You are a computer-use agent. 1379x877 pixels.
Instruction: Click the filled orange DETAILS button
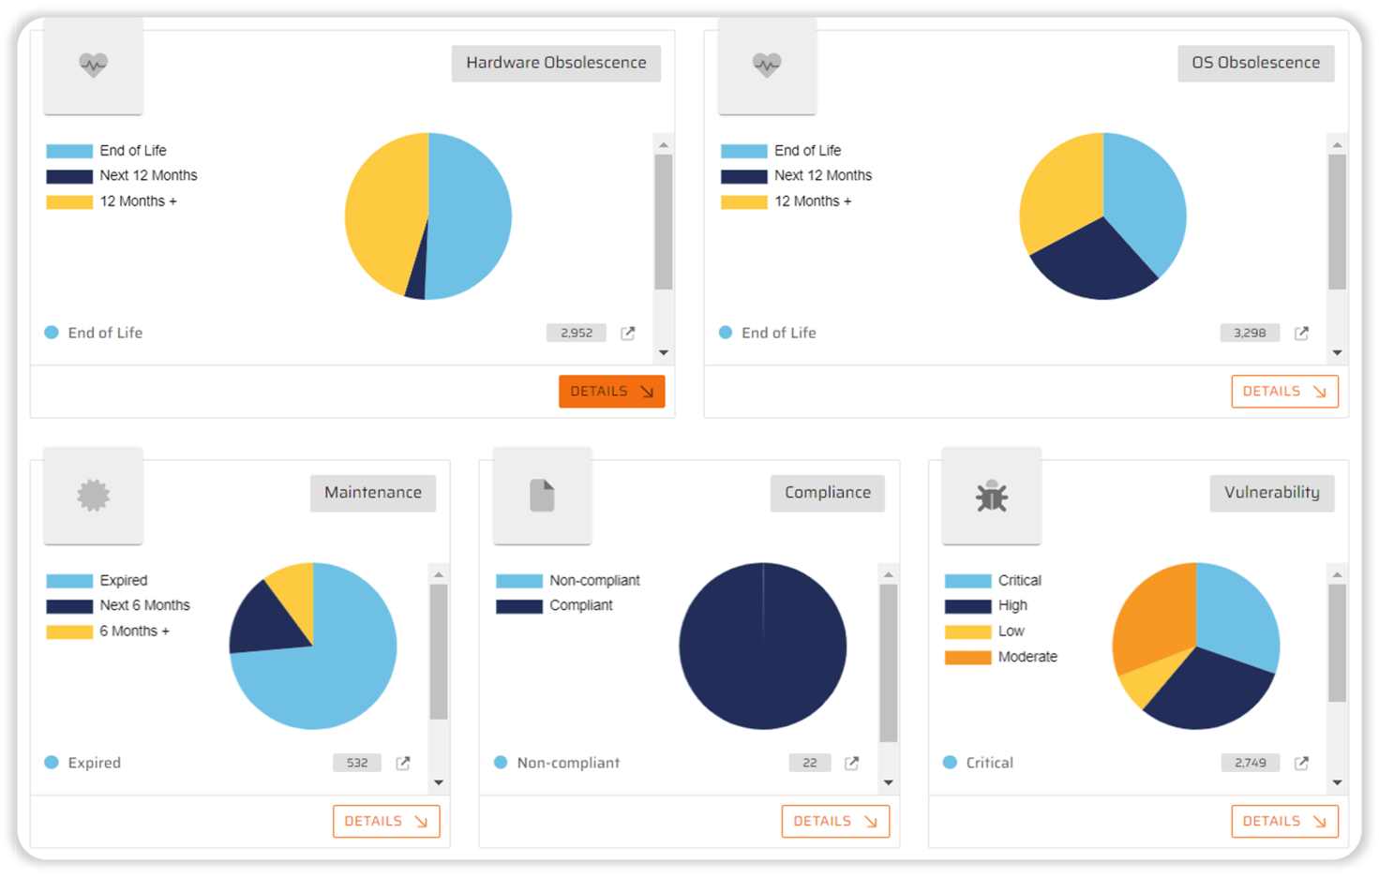(611, 392)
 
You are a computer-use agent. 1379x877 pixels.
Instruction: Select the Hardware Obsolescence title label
(556, 63)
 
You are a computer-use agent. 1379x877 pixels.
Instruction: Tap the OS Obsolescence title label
(1255, 63)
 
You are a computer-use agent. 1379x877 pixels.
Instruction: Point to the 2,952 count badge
(577, 333)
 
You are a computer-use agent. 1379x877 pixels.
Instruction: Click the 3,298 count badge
(1250, 333)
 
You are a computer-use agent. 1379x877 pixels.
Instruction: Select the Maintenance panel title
(373, 493)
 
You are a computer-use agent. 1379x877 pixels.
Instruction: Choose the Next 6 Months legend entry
(144, 605)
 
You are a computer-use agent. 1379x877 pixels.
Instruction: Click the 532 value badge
(357, 763)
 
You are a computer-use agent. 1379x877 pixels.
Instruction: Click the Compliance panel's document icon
(542, 496)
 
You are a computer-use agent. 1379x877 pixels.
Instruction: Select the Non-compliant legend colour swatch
(518, 581)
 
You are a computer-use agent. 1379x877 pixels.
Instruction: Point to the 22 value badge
(810, 763)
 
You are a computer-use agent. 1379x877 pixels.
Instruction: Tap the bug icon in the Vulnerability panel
(991, 496)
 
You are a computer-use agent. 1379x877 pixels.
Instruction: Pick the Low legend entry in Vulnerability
(1011, 632)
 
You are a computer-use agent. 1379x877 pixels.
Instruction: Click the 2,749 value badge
(1250, 763)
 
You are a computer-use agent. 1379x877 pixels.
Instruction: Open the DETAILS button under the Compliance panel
(835, 822)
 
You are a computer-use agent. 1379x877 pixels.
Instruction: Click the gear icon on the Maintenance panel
(93, 496)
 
